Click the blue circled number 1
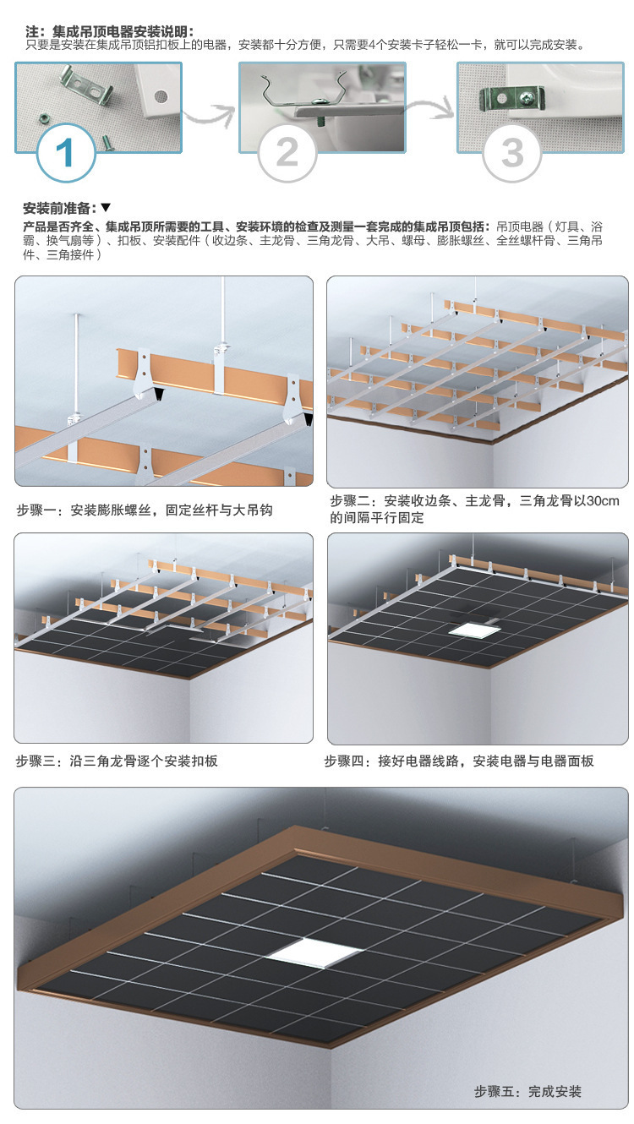[x=66, y=152]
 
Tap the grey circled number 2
[x=287, y=152]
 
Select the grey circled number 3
[x=512, y=152]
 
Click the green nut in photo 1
[x=44, y=118]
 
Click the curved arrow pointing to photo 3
[x=430, y=109]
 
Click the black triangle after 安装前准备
[x=106, y=207]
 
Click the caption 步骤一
[x=145, y=510]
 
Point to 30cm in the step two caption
[x=603, y=501]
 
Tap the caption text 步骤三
[x=117, y=761]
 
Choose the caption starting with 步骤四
[x=459, y=761]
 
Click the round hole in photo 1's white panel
[x=161, y=95]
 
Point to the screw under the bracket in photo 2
[x=321, y=120]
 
